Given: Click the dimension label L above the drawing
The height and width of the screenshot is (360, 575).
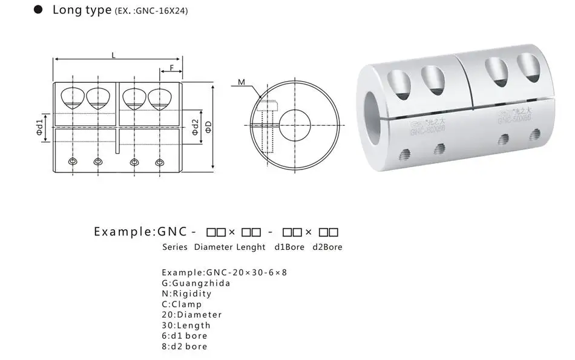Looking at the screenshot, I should pos(114,55).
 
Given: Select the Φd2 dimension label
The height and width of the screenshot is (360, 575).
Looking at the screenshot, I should pos(195,126).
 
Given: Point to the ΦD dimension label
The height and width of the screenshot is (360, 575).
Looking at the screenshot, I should pos(208,126).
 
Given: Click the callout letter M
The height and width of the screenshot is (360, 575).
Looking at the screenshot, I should pos(241,82).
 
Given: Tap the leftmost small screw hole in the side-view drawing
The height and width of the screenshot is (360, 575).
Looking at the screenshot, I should pos(73,162).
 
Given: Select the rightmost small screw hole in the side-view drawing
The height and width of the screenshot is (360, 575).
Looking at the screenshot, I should pos(160,162).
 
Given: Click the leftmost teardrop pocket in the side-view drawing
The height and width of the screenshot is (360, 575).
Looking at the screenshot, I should pos(73,97).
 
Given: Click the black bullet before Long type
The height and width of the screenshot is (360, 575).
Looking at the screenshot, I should pos(38,10).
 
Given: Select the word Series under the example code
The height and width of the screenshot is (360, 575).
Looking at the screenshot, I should pos(175,247).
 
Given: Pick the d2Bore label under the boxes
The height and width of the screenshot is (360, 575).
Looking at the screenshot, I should pos(327,247).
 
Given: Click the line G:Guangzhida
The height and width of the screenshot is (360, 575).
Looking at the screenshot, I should pos(196,283).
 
